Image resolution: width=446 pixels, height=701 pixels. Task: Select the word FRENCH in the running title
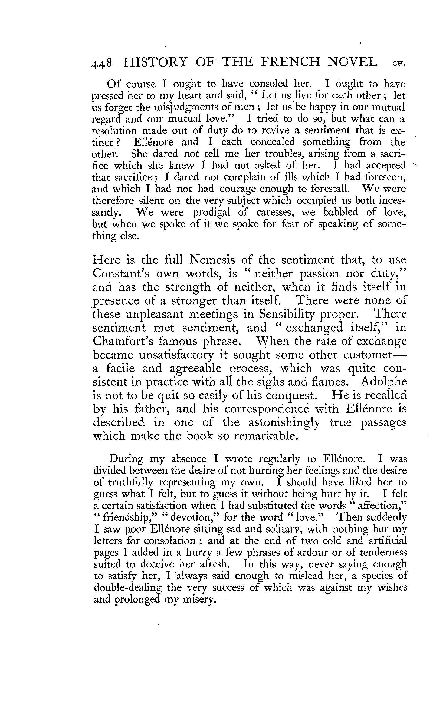[x=301, y=62]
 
